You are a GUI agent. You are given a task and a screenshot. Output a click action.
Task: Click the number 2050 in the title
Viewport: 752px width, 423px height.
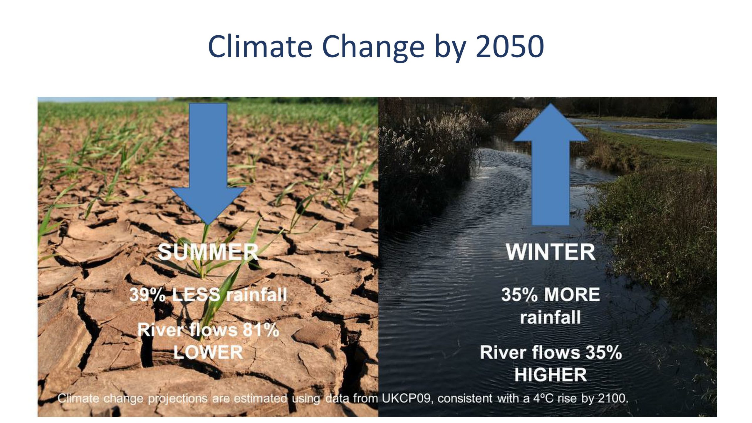pyautogui.click(x=510, y=46)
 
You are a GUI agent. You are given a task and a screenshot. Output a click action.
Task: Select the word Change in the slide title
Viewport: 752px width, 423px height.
pyautogui.click(x=373, y=48)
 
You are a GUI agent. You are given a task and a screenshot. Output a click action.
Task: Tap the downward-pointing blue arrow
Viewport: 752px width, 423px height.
pyautogui.click(x=208, y=164)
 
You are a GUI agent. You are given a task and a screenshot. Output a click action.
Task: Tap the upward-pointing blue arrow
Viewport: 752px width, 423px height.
pyautogui.click(x=550, y=164)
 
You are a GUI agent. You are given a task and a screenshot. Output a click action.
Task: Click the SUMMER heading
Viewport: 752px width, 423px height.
pyautogui.click(x=208, y=252)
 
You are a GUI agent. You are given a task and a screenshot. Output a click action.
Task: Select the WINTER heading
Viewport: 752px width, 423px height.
pyautogui.click(x=550, y=252)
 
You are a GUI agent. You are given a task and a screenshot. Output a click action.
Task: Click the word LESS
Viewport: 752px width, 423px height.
pyautogui.click(x=196, y=295)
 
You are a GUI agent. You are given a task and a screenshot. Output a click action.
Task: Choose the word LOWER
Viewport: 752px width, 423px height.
pyautogui.click(x=208, y=352)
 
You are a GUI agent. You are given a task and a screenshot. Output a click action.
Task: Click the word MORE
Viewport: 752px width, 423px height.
pyautogui.click(x=575, y=295)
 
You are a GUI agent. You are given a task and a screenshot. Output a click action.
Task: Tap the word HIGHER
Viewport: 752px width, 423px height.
pyautogui.click(x=550, y=375)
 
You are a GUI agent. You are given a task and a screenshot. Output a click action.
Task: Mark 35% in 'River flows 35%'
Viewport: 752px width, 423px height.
pyautogui.click(x=604, y=352)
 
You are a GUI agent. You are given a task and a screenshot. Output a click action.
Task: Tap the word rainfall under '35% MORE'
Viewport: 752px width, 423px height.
pyautogui.click(x=550, y=317)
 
